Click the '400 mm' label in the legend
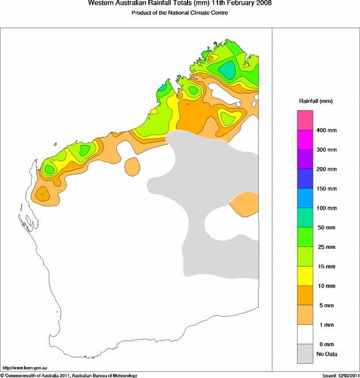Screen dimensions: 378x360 pos(327,130)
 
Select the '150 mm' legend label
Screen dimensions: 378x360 pos(327,188)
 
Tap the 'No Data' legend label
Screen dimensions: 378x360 pos(327,354)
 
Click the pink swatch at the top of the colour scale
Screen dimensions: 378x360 pos(305,120)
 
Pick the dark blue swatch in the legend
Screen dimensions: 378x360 pos(305,179)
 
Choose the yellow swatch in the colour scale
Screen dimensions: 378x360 pos(305,276)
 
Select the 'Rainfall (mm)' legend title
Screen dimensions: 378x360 pos(316,101)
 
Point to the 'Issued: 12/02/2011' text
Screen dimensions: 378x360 pos(340,375)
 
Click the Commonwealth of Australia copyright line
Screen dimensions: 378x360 pos(69,375)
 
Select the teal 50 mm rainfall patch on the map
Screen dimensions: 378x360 pos(229,70)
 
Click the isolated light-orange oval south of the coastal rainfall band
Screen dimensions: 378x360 pos(132,167)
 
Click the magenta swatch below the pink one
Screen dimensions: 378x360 pos(305,140)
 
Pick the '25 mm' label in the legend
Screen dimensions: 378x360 pos(327,247)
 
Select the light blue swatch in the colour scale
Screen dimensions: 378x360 pos(305,198)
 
